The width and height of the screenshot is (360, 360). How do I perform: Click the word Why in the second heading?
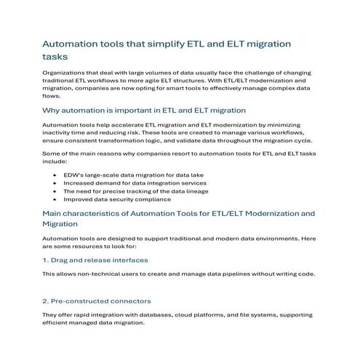pos(52,110)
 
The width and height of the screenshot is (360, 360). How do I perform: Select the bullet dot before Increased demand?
pos(57,185)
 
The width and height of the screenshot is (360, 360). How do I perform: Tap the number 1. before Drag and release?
pos(47,260)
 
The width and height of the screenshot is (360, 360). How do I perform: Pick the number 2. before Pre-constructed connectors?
pos(47,300)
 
